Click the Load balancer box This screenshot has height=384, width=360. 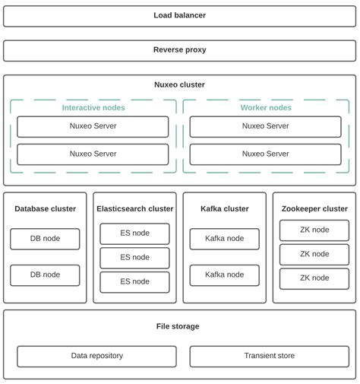(x=179, y=15)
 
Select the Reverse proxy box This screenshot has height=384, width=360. (x=179, y=50)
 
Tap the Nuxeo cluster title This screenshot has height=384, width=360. (x=179, y=85)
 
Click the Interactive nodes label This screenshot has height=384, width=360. (x=93, y=107)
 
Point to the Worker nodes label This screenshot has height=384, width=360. (x=265, y=107)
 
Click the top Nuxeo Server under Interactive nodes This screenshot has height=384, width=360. (x=93, y=126)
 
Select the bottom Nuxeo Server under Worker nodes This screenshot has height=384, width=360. (x=265, y=154)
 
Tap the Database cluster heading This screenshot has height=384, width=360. (x=45, y=208)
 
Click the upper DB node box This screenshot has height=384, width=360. (x=45, y=239)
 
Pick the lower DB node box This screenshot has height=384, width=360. (x=45, y=275)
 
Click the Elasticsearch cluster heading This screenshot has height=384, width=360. (x=134, y=208)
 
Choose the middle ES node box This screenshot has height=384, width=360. (x=134, y=258)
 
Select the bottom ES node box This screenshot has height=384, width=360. (x=134, y=281)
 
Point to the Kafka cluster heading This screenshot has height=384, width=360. (x=224, y=208)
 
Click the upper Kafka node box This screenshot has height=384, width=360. (x=224, y=239)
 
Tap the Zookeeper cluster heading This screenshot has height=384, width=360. (x=314, y=208)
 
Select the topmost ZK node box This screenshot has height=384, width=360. (x=314, y=230)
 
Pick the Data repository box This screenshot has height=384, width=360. (x=96, y=356)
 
